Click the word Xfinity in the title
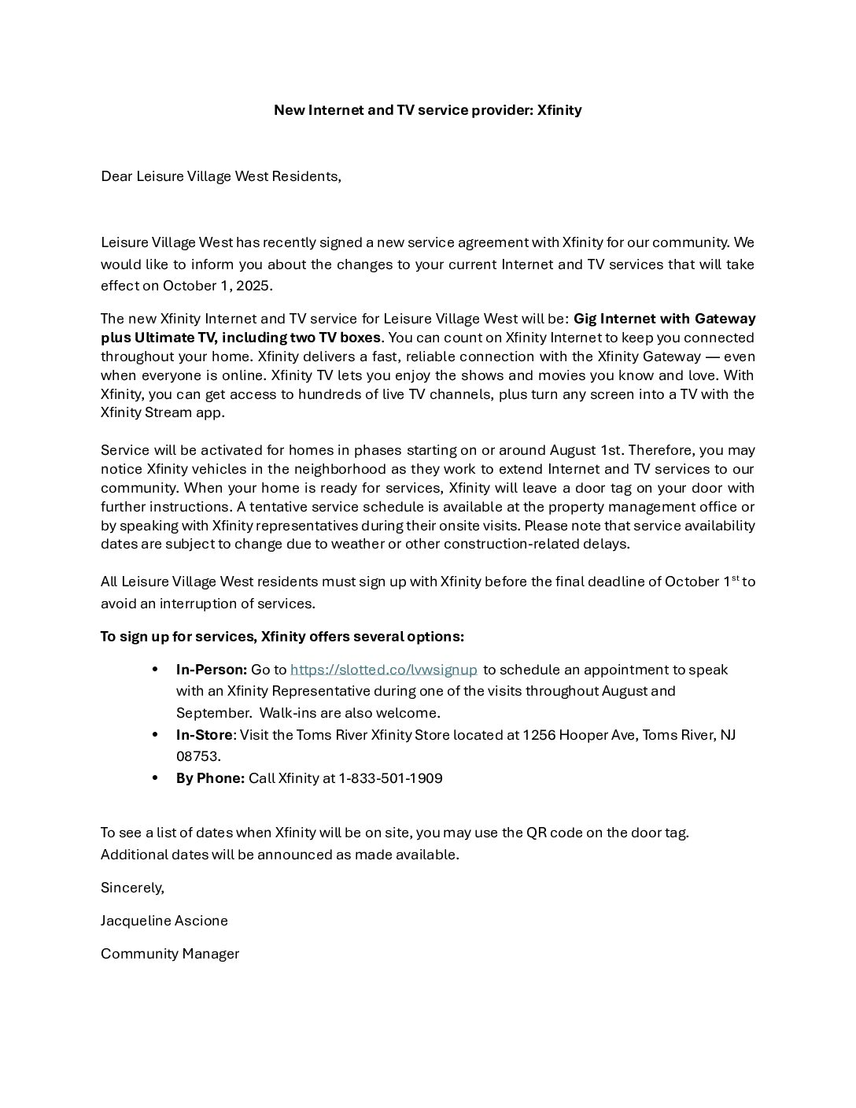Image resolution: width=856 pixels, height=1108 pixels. tap(559, 110)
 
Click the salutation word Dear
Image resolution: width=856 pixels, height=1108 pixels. tap(116, 176)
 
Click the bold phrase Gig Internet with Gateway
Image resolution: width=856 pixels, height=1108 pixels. tap(664, 319)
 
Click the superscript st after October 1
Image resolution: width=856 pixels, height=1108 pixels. tap(736, 578)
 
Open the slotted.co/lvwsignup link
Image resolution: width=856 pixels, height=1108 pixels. tap(384, 670)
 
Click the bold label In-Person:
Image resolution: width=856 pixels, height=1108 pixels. tap(212, 670)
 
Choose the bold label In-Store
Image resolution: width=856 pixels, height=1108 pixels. tap(205, 735)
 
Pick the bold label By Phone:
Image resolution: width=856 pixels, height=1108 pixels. tap(210, 778)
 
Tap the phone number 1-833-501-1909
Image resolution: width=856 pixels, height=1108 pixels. tap(390, 778)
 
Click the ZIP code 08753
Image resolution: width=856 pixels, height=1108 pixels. tap(197, 756)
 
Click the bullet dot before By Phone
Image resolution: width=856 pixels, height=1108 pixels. tap(157, 778)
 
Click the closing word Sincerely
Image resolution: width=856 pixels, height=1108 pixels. tap(132, 888)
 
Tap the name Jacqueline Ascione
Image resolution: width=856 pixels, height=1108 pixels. tap(164, 921)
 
